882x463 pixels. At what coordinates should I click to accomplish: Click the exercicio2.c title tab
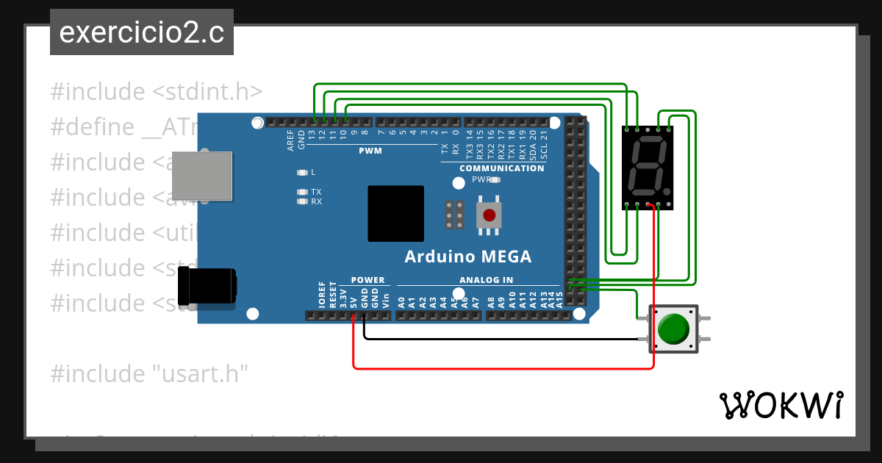[x=141, y=32]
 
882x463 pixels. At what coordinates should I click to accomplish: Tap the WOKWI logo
[x=780, y=406]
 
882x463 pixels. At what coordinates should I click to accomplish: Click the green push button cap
[x=674, y=329]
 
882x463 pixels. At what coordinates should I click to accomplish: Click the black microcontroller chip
[x=396, y=214]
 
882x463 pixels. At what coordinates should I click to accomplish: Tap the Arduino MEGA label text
[x=467, y=257]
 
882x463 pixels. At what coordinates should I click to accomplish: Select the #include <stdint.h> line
[x=156, y=92]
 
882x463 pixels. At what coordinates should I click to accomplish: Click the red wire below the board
[x=500, y=367]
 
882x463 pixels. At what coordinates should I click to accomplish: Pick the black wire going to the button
[x=500, y=340]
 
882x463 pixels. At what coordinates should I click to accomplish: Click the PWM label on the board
[x=370, y=151]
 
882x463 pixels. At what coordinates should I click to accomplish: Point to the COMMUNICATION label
[x=501, y=168]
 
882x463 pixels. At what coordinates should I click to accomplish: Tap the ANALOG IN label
[x=486, y=280]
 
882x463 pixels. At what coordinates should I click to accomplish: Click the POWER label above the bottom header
[x=367, y=280]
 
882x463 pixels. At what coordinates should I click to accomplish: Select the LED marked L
[x=301, y=173]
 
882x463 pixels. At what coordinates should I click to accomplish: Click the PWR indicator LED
[x=495, y=179]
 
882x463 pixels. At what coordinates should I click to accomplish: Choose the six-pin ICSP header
[x=453, y=214]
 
